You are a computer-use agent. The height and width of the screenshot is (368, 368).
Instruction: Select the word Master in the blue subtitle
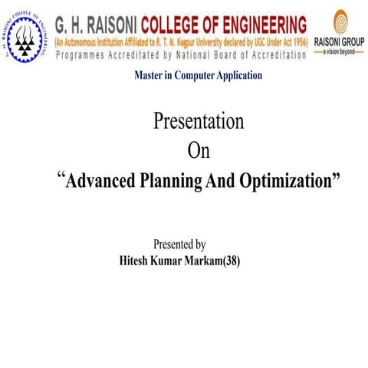point(149,75)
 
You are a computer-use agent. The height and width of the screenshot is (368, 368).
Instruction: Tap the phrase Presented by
point(179,245)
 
